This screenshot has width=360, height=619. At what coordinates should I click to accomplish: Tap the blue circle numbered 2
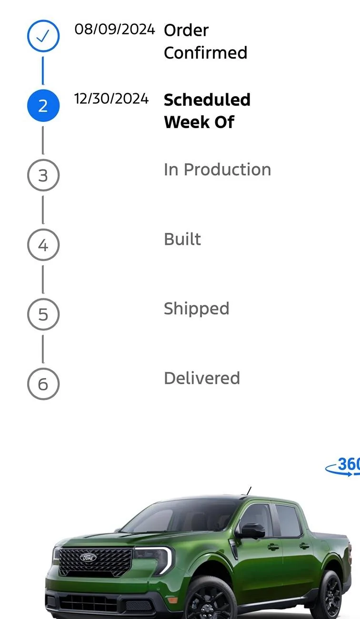43,106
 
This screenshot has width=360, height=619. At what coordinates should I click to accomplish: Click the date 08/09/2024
115,30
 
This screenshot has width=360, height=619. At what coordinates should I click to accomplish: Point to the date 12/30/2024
111,99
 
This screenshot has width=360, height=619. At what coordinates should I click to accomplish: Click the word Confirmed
206,52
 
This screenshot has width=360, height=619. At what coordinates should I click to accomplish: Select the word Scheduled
207,100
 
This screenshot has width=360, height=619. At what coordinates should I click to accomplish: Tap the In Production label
218,170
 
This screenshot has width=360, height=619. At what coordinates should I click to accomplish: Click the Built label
182,239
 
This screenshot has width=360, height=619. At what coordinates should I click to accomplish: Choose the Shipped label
197,309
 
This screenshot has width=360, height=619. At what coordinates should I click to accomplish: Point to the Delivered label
202,379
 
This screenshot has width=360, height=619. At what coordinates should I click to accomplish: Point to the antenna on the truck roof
249,491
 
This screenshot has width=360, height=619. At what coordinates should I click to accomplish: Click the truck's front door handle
273,547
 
